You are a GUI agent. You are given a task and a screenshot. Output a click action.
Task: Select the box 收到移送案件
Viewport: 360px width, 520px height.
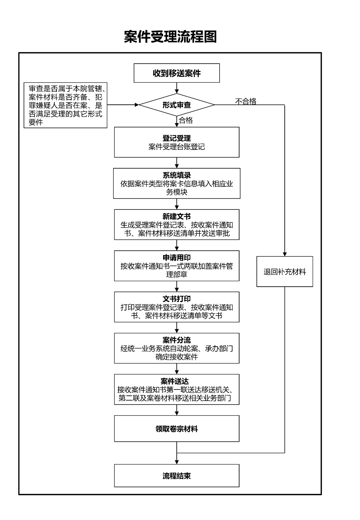177,73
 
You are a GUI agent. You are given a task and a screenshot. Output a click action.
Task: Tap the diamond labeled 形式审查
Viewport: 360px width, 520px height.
177,105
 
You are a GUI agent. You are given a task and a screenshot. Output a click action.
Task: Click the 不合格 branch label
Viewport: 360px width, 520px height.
246,101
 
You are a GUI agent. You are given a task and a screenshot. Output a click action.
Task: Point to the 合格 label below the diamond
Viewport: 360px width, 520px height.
186,121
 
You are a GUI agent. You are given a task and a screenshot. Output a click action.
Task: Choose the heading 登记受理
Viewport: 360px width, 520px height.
177,139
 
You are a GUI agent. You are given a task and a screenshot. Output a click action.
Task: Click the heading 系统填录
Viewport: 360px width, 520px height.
177,176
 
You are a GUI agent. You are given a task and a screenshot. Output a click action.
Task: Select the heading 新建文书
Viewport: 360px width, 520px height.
177,217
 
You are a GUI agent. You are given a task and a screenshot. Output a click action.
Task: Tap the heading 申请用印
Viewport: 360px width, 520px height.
177,258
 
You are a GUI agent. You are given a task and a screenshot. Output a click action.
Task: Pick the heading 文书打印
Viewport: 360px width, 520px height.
177,299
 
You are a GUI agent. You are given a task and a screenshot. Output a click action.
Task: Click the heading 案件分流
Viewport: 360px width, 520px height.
177,340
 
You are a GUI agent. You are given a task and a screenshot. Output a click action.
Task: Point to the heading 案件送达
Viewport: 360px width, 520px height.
175,381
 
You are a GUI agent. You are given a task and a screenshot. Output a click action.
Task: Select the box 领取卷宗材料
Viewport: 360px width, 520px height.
177,429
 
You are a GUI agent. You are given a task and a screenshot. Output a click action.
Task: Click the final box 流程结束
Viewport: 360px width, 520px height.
177,476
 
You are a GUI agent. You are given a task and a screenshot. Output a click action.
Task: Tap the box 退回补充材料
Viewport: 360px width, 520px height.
285,272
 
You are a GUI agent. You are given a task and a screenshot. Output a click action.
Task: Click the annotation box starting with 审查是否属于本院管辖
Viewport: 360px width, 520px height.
65,105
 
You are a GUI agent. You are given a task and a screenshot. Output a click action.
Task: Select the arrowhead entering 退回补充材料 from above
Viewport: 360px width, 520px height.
285,254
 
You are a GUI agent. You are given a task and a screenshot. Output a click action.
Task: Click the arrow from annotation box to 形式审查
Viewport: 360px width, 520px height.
123,105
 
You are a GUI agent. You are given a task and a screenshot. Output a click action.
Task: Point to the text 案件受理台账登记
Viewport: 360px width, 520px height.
177,147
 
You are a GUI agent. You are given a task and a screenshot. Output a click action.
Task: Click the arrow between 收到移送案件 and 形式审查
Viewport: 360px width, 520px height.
177,88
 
